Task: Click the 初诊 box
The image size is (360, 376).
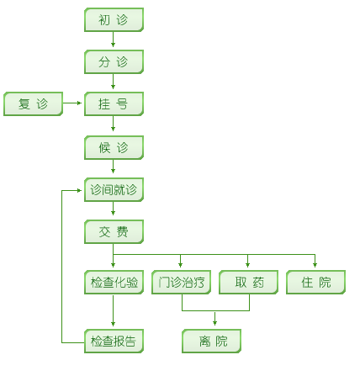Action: point(114,19)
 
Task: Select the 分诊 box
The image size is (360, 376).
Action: point(114,61)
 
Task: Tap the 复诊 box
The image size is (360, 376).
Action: point(33,103)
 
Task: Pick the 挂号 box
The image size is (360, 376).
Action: point(114,103)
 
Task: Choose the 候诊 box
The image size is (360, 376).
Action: point(114,147)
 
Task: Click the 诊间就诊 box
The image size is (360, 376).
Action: point(114,189)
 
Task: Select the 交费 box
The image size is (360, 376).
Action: point(114,231)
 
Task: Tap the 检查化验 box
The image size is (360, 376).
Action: point(114,282)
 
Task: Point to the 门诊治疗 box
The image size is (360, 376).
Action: point(181,282)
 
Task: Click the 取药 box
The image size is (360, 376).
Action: point(248,282)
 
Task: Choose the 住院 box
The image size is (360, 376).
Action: point(315,282)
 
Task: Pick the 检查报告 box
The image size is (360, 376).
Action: point(114,341)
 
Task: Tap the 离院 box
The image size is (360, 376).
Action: point(211,341)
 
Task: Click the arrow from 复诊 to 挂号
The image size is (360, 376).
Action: point(72,103)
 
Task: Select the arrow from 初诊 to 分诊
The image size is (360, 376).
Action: point(113,40)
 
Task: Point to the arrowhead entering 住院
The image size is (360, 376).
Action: point(315,265)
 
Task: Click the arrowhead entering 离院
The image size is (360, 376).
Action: point(214,323)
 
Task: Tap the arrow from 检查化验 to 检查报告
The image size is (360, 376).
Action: point(113,310)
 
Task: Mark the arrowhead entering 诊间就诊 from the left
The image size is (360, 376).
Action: point(79,191)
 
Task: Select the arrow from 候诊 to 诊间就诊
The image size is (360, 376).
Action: point(113,167)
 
